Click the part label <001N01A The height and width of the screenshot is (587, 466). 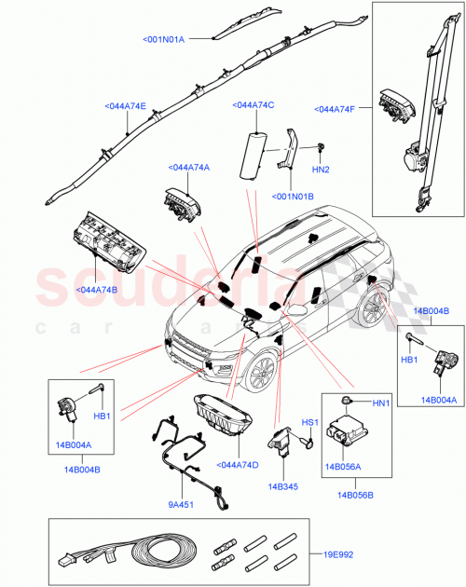click(164, 39)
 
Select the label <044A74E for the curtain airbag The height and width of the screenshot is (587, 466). click(126, 107)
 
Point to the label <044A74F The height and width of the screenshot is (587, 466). click(341, 110)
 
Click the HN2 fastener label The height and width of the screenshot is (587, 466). click(320, 169)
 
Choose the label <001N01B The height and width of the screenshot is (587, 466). click(294, 197)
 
